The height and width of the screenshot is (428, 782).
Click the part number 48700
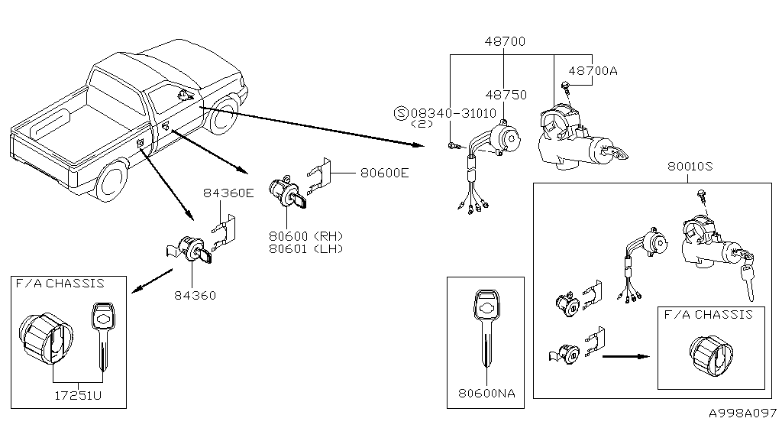click(x=505, y=41)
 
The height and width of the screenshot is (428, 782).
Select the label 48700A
click(x=593, y=71)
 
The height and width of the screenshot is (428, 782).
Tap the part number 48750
click(x=506, y=95)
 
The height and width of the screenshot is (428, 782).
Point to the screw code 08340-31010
click(x=454, y=113)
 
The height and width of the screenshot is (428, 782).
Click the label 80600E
click(x=385, y=173)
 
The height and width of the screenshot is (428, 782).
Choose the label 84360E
click(x=228, y=193)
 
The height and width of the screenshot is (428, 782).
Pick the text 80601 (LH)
click(x=306, y=248)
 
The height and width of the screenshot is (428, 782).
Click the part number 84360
click(x=195, y=295)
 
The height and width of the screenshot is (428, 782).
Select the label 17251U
click(x=78, y=396)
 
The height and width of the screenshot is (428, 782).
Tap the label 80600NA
click(x=486, y=393)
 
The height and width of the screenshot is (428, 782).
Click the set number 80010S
click(x=690, y=166)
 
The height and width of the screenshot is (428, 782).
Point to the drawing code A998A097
click(x=743, y=413)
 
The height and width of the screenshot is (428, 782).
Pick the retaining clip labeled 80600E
click(x=320, y=177)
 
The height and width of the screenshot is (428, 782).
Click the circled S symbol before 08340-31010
click(x=401, y=113)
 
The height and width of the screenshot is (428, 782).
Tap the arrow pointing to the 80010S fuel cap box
click(x=626, y=357)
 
